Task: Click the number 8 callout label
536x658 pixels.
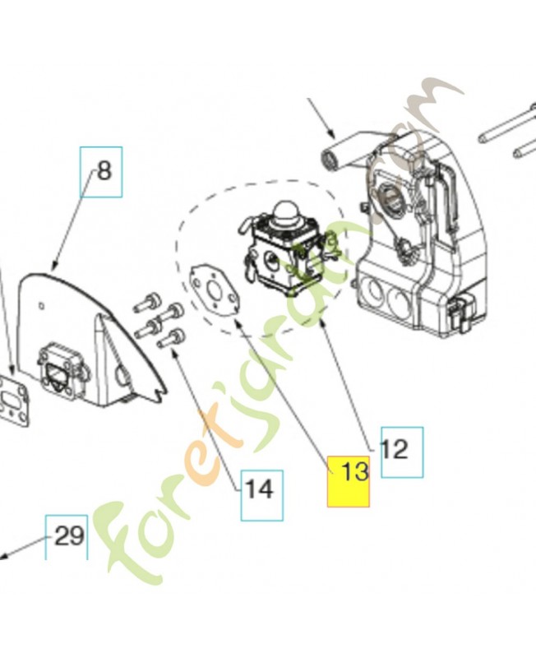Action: pyautogui.click(x=101, y=172)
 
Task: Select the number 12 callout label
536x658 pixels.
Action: pyautogui.click(x=402, y=452)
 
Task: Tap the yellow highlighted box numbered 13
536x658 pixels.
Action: pyautogui.click(x=348, y=481)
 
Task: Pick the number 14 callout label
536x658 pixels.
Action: pyautogui.click(x=261, y=496)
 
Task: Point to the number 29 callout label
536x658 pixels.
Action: pyautogui.click(x=67, y=537)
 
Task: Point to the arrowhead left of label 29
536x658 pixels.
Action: pyautogui.click(x=3, y=556)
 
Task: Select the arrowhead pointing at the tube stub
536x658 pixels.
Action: pyautogui.click(x=331, y=134)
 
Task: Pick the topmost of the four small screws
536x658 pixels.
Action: pyautogui.click(x=148, y=303)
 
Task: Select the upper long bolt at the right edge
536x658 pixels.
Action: pyautogui.click(x=507, y=124)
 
